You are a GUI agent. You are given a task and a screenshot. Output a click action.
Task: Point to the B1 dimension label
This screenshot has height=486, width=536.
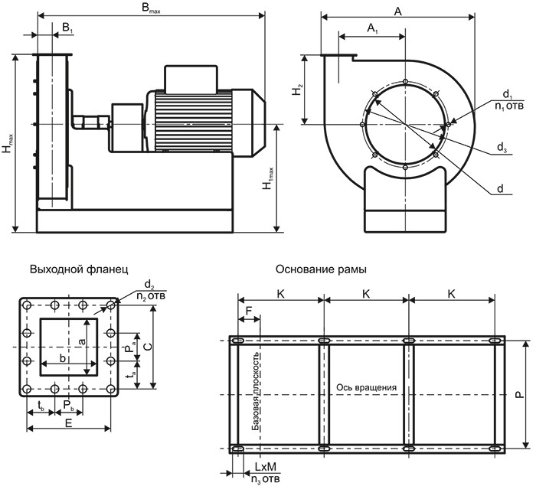pyautogui.click(x=67, y=28)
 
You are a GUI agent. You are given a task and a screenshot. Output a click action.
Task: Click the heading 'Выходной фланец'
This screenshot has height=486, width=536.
pyautogui.click(x=74, y=270)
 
